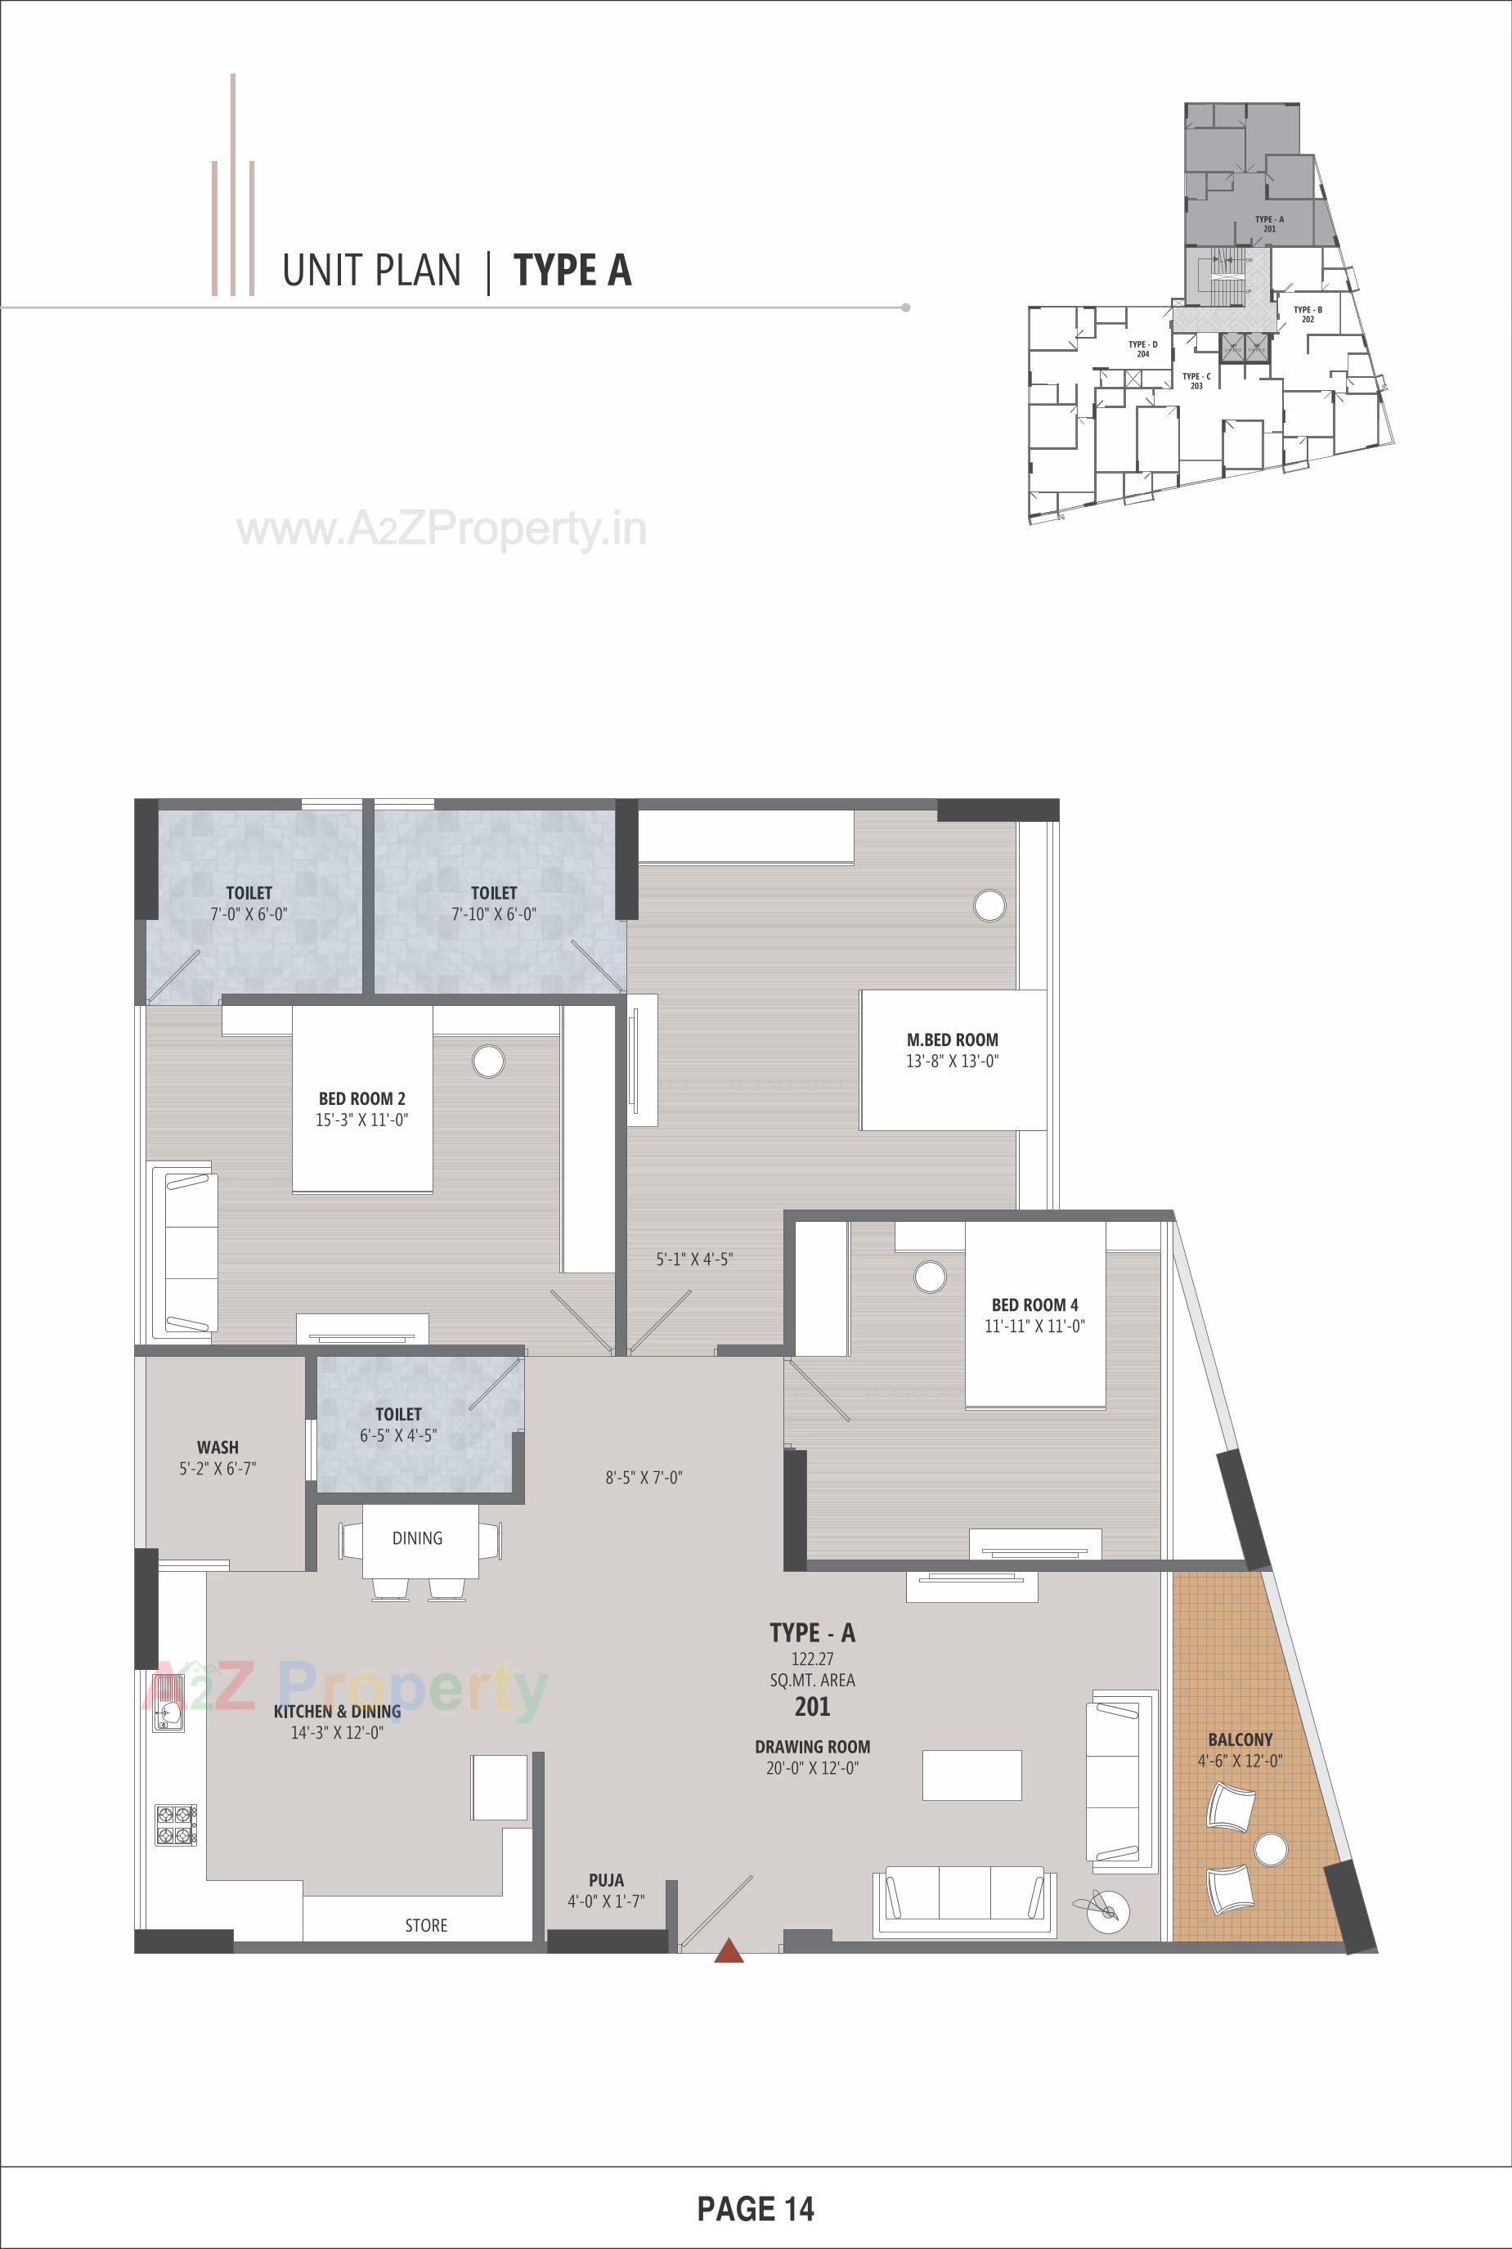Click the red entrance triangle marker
(729, 1951)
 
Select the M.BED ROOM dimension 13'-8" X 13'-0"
(952, 1061)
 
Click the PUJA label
(606, 1879)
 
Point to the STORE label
(425, 1925)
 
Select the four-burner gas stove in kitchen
(176, 1825)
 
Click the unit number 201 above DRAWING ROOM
(812, 1707)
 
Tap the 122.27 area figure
(812, 1659)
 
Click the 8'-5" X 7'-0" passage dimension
(644, 1476)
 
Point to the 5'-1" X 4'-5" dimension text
(694, 1259)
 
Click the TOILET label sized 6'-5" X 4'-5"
(398, 1414)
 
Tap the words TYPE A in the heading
(572, 270)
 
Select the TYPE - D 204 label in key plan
(1142, 349)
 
